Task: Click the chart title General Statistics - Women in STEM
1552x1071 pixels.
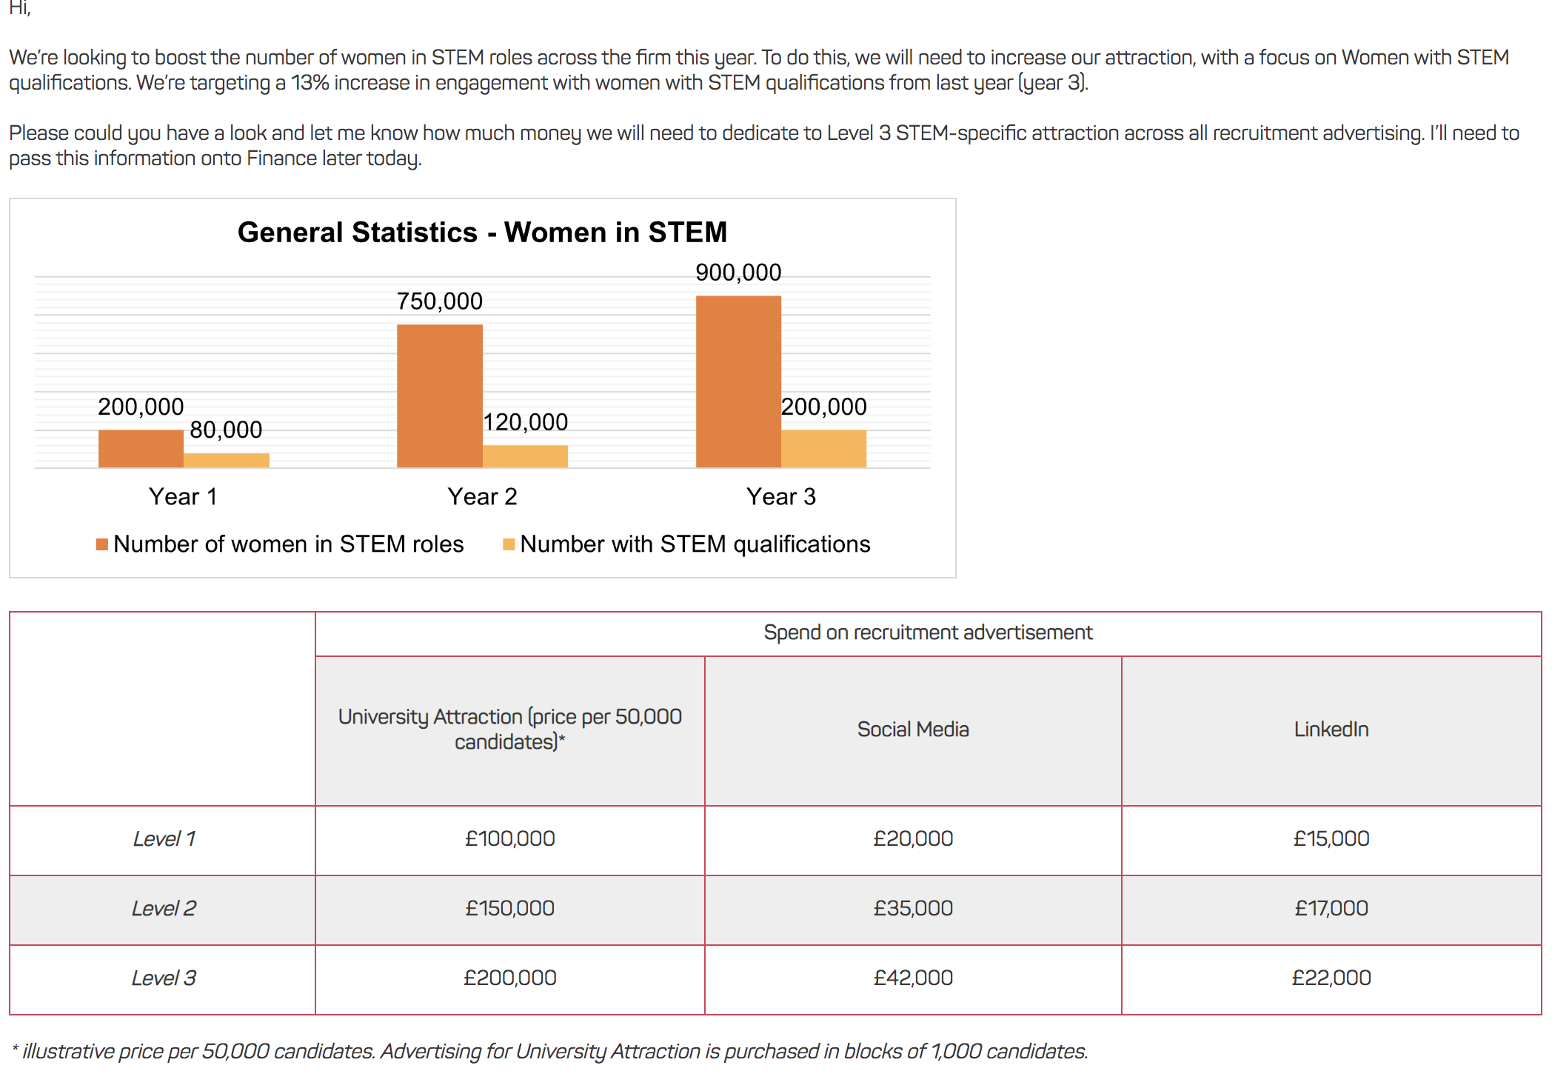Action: click(482, 233)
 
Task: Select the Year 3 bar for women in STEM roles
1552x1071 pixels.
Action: click(738, 381)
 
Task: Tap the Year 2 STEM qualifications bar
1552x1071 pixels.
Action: click(525, 456)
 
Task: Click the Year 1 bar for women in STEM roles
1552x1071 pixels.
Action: click(141, 449)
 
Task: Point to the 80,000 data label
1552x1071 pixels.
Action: click(226, 430)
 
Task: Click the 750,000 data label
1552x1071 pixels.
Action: click(439, 301)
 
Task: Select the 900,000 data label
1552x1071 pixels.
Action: click(738, 273)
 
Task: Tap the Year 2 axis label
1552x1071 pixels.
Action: click(482, 496)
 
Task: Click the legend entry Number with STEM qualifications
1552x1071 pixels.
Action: click(694, 544)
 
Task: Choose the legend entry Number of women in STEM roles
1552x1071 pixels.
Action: click(288, 544)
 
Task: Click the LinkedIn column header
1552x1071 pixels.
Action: click(1331, 730)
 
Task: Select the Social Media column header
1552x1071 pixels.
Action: click(912, 730)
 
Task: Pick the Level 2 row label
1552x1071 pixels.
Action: click(164, 909)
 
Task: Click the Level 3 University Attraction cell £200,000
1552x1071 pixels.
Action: click(509, 978)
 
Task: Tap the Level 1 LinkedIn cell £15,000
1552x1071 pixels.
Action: click(1331, 839)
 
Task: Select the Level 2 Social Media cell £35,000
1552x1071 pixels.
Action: click(912, 909)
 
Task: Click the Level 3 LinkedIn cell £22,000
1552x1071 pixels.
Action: click(1331, 978)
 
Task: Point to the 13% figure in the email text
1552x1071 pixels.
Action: click(310, 83)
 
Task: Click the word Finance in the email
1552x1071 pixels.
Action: click(281, 159)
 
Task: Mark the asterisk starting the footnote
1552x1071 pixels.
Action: click(15, 1050)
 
